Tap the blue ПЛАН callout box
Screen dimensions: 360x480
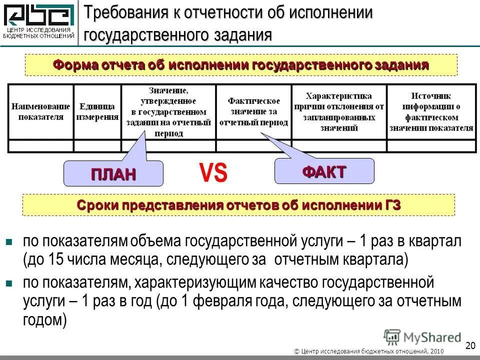point(113,173)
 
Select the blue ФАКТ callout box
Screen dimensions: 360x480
point(324,171)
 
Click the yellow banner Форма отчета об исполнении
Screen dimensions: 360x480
point(241,65)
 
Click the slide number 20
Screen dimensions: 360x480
point(469,345)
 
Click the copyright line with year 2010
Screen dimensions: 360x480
point(369,352)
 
